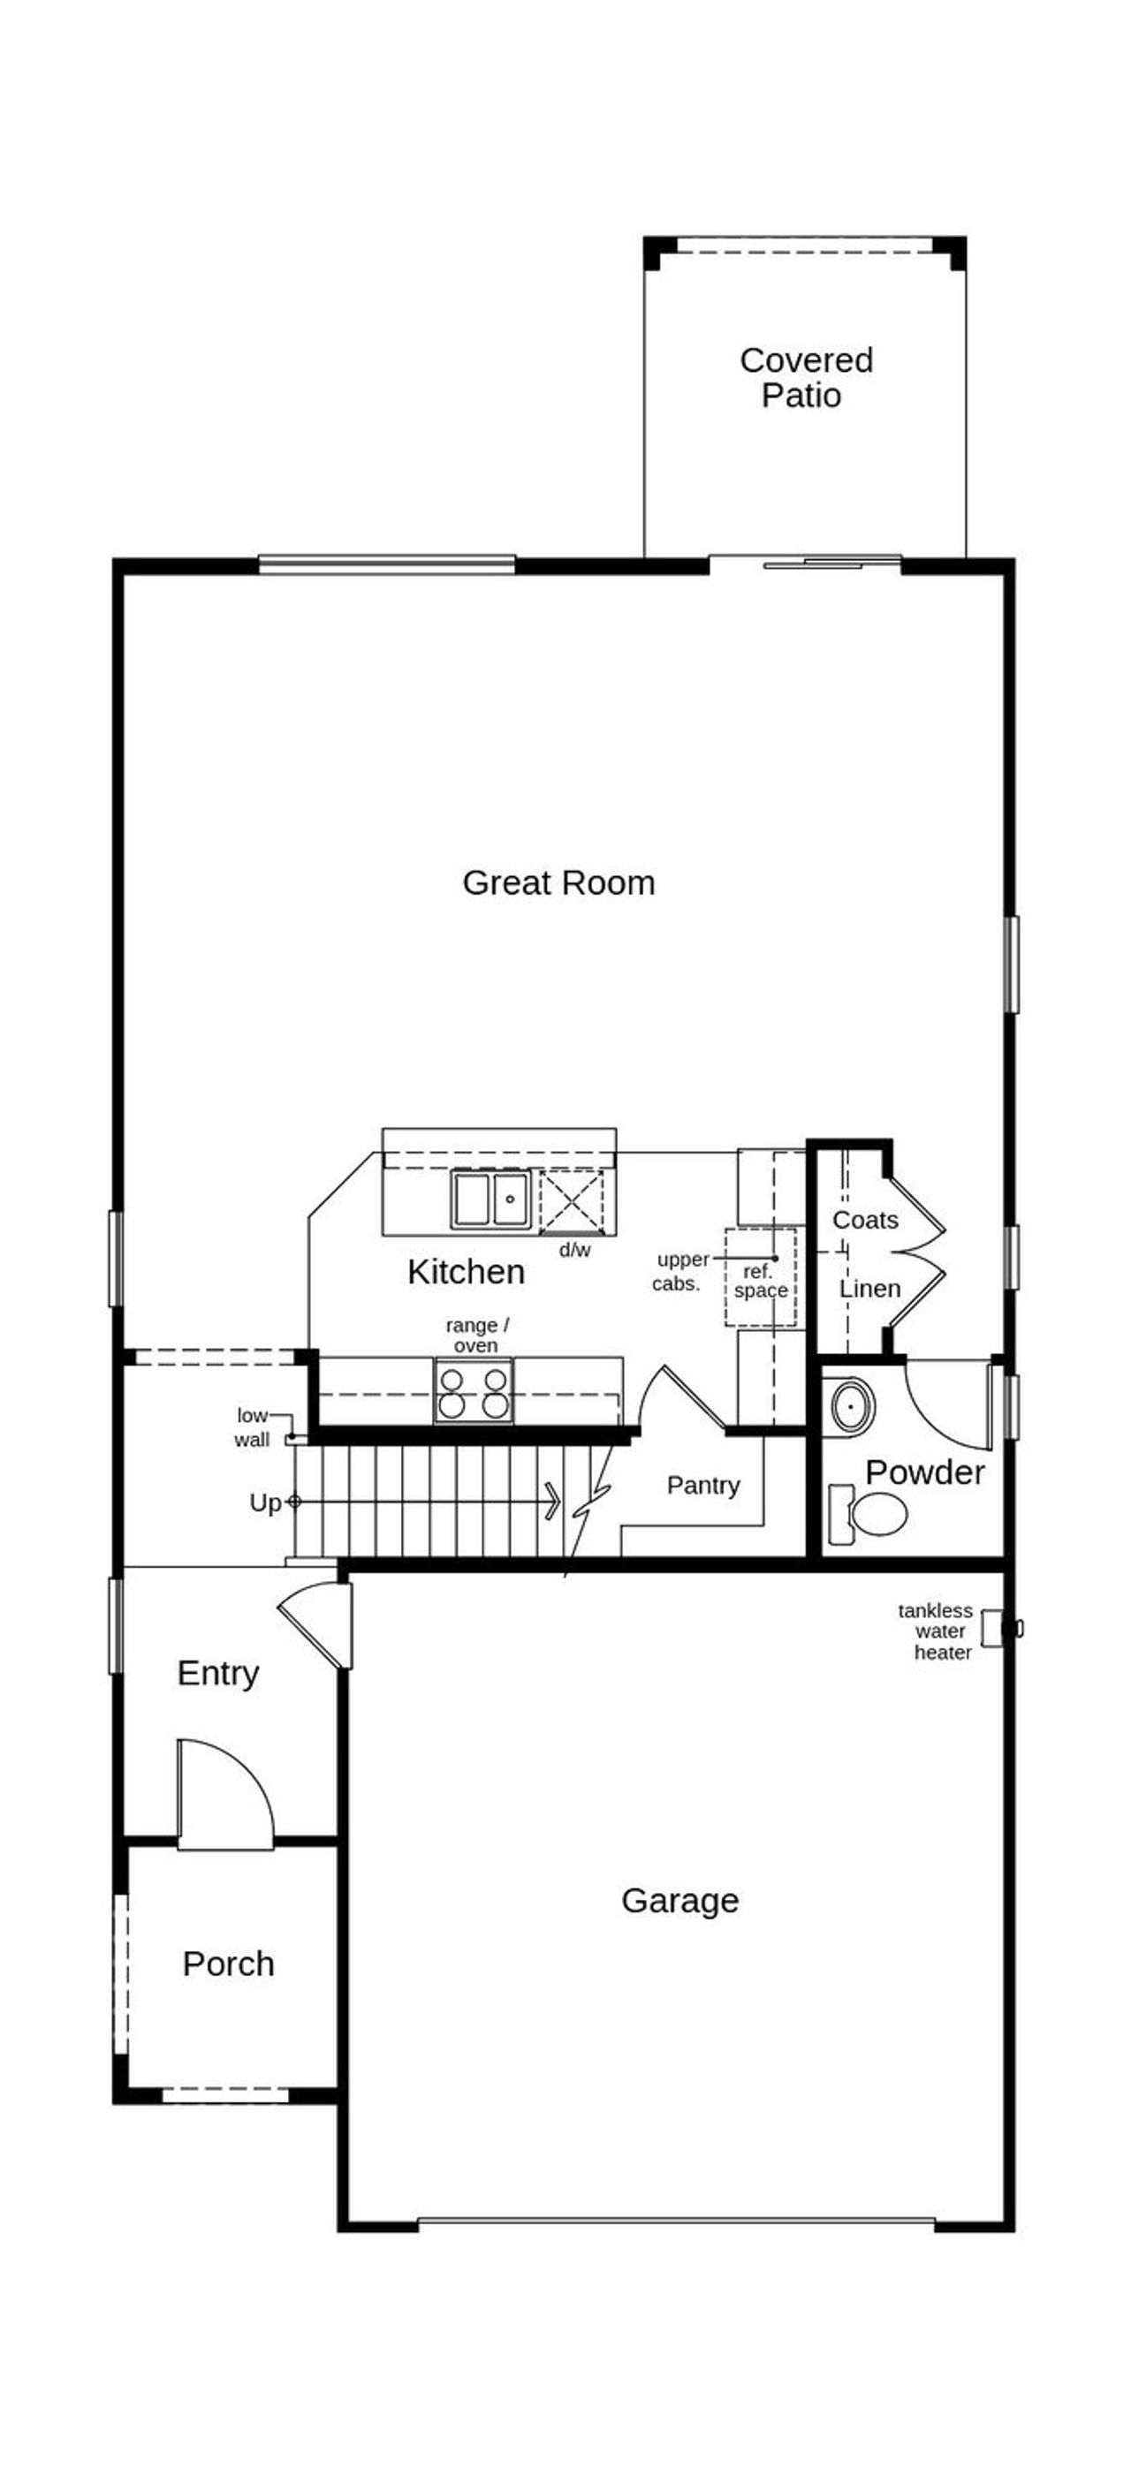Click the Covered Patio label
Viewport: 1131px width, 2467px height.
[805, 377]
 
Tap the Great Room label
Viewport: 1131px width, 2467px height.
[558, 882]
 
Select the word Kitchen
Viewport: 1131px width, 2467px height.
[466, 1271]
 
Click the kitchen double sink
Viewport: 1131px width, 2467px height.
[490, 1198]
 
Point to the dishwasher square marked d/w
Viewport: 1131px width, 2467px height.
[572, 1200]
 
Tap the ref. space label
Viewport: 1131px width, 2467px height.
[761, 1282]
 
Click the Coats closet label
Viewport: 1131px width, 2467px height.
[865, 1219]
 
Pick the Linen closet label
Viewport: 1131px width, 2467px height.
[869, 1289]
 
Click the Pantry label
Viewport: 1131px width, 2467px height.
[703, 1486]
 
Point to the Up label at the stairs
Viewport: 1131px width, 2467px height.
[265, 1502]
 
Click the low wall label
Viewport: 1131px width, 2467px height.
[252, 1427]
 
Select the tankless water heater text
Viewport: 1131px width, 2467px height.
[937, 1631]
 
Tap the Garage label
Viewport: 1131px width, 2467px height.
[680, 1900]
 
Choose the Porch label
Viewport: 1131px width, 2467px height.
[228, 1964]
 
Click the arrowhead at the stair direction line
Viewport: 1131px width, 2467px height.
[552, 1501]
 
